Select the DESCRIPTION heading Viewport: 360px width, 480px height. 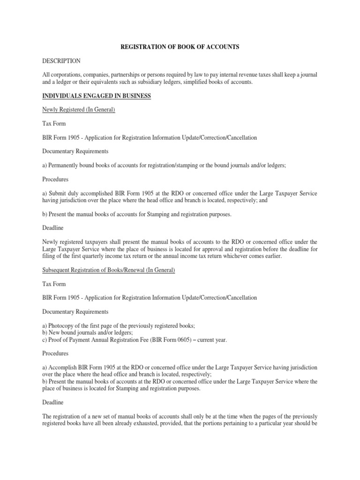pyautogui.click(x=62, y=61)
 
